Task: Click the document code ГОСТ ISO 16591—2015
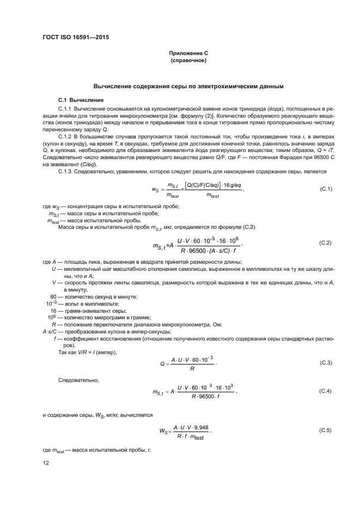pos(79,38)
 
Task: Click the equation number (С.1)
pos(325,189)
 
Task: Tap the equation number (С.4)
pos(325,391)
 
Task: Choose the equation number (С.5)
pos(325,430)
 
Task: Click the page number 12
pos(46,463)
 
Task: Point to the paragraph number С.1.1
pos(65,110)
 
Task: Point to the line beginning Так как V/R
pos(87,353)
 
